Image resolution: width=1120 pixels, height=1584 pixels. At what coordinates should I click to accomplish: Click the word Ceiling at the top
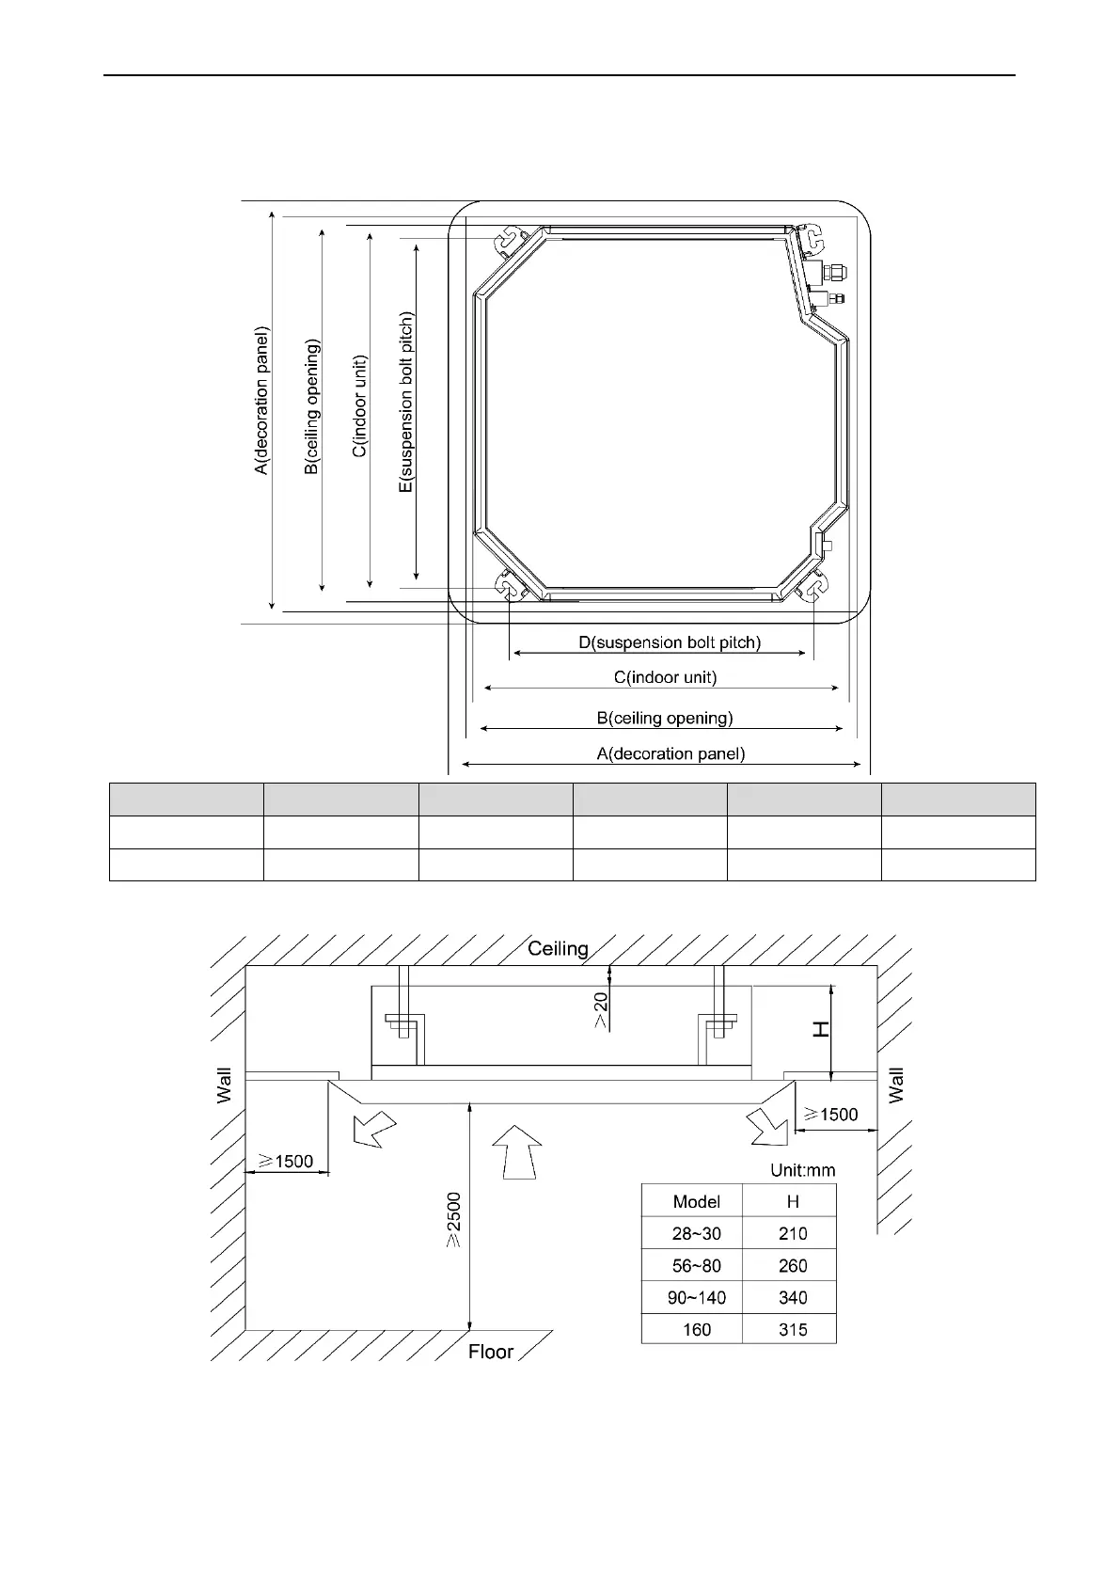(558, 949)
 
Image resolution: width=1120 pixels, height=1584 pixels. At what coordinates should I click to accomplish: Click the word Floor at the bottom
(491, 1352)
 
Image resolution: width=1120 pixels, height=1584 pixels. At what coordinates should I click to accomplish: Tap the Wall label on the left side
(224, 1085)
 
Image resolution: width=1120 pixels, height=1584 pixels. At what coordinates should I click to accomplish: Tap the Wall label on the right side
(896, 1085)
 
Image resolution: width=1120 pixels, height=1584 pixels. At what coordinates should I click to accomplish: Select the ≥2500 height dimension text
(453, 1220)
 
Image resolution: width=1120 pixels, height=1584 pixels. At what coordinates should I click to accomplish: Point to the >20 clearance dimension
(600, 1010)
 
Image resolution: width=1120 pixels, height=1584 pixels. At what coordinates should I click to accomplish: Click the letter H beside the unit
(820, 1030)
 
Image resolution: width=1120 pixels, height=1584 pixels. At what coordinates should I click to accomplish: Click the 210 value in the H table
(793, 1234)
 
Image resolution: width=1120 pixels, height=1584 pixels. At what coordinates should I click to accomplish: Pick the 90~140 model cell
(697, 1298)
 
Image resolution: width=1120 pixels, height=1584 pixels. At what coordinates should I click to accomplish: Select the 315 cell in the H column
(793, 1330)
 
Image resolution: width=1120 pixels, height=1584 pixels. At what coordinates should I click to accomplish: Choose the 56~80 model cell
(697, 1266)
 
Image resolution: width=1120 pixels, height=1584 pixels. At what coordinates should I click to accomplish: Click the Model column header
(697, 1201)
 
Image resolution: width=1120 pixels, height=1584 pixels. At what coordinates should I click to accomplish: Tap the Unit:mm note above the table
(802, 1170)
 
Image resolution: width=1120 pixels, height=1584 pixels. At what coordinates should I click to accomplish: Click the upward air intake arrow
(517, 1152)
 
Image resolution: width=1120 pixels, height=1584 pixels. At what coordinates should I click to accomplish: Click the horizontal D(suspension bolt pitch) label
(670, 642)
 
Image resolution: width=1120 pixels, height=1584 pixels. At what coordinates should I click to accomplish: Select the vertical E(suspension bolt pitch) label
(406, 403)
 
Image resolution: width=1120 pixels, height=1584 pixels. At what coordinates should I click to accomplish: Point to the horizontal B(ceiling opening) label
(665, 719)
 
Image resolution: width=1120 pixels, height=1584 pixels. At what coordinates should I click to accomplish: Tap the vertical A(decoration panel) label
(261, 401)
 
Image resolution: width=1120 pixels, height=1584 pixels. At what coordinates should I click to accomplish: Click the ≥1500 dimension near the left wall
(286, 1161)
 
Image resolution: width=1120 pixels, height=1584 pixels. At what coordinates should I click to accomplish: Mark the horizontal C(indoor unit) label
(666, 677)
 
